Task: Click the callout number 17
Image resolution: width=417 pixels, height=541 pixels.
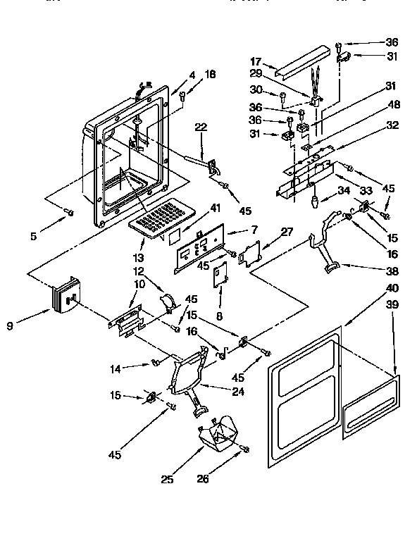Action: (x=256, y=62)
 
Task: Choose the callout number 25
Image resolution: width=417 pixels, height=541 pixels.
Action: (x=167, y=480)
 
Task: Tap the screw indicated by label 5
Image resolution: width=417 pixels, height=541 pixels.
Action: (x=69, y=211)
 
